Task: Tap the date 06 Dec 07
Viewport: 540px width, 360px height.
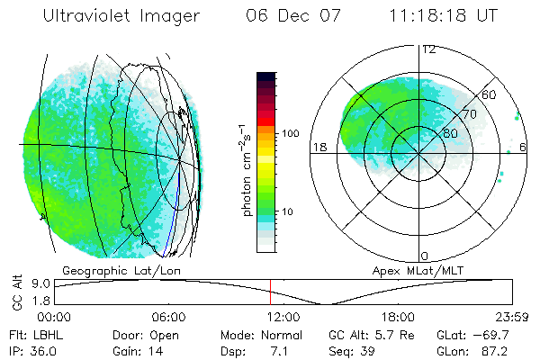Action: coord(290,15)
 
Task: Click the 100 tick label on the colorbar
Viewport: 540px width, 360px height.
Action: coord(291,133)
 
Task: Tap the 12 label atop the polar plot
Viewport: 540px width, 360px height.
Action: coord(429,49)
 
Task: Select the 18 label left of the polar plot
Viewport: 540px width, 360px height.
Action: coord(318,147)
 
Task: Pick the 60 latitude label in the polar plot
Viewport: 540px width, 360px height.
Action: coord(490,95)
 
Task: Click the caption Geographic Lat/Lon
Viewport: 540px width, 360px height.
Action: coord(117,270)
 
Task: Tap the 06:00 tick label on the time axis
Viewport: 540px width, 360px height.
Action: coord(168,317)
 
